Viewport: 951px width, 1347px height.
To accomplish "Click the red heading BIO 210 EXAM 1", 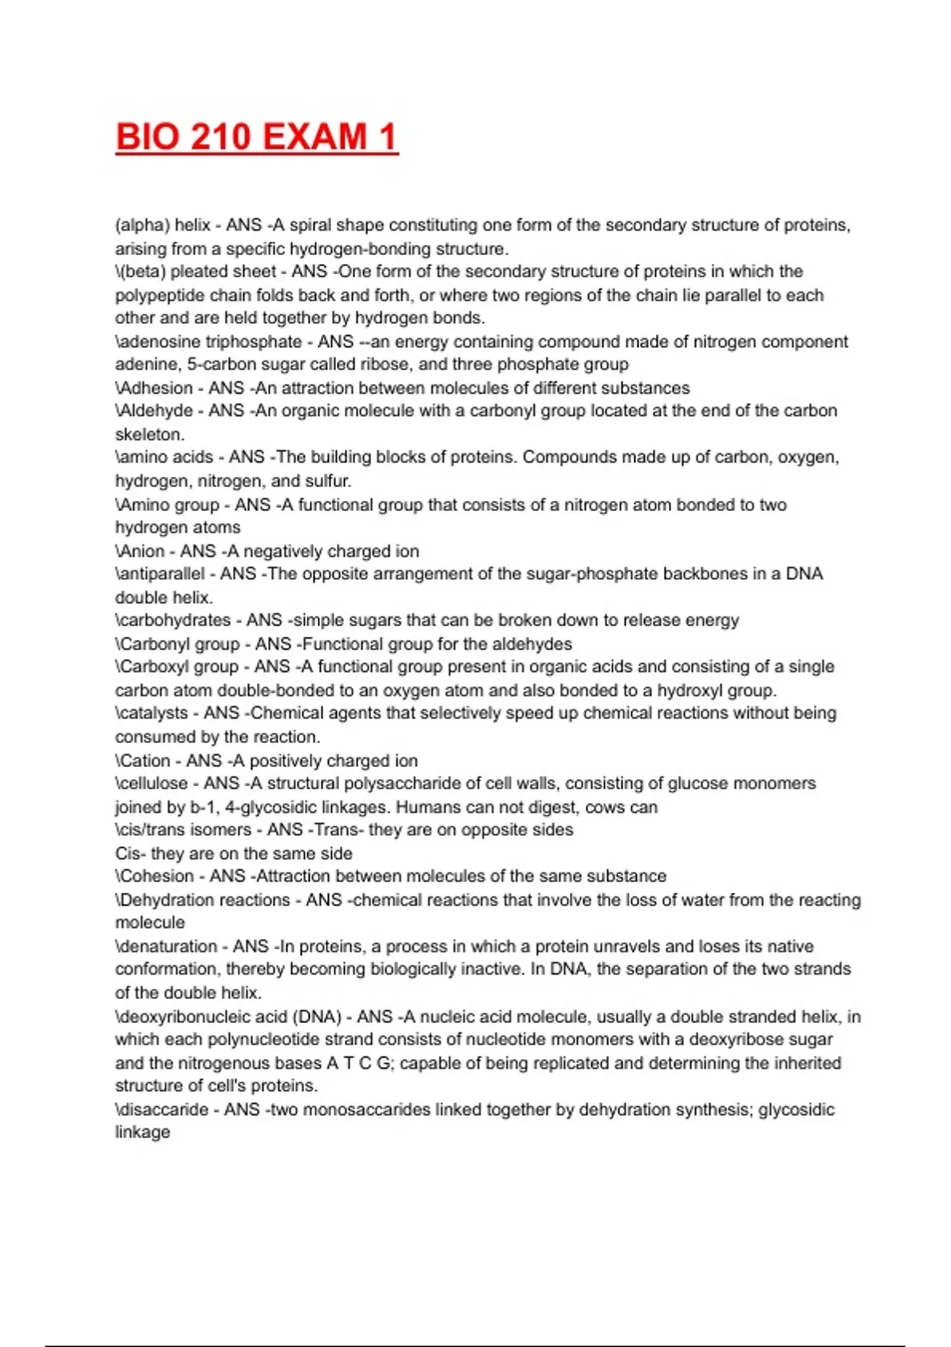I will coord(256,137).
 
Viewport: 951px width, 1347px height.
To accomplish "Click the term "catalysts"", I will coord(154,713).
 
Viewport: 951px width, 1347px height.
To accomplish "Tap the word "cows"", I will coord(605,807).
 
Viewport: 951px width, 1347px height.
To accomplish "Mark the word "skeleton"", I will coord(149,434).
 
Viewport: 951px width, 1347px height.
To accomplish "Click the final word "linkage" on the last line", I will coord(143,1132).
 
